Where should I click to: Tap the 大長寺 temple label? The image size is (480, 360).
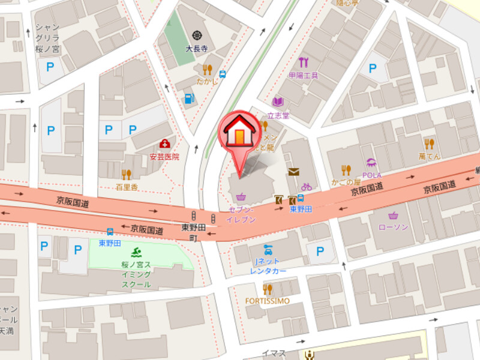pos(196,49)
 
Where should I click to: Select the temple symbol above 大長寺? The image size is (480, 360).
pos(196,35)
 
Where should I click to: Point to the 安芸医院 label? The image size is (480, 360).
pos(164,157)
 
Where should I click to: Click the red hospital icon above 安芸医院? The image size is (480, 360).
pos(164,144)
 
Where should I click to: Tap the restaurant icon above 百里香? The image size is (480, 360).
pos(126,175)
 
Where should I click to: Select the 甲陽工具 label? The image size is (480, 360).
pos(303,76)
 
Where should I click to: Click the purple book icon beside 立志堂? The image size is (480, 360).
pos(277,102)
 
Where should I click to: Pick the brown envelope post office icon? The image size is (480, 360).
pos(293,172)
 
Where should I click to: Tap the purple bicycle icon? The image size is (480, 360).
pos(307,187)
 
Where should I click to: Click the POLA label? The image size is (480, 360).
pos(371,175)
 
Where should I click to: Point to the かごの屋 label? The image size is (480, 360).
pos(346,182)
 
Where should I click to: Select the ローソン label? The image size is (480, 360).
pos(394,227)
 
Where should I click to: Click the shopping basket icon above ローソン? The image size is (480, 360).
pos(394,215)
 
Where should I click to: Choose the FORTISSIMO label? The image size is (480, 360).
pos(268,301)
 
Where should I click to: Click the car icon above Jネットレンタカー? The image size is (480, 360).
pos(268,250)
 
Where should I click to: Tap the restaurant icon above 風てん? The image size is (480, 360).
pos(429,143)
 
